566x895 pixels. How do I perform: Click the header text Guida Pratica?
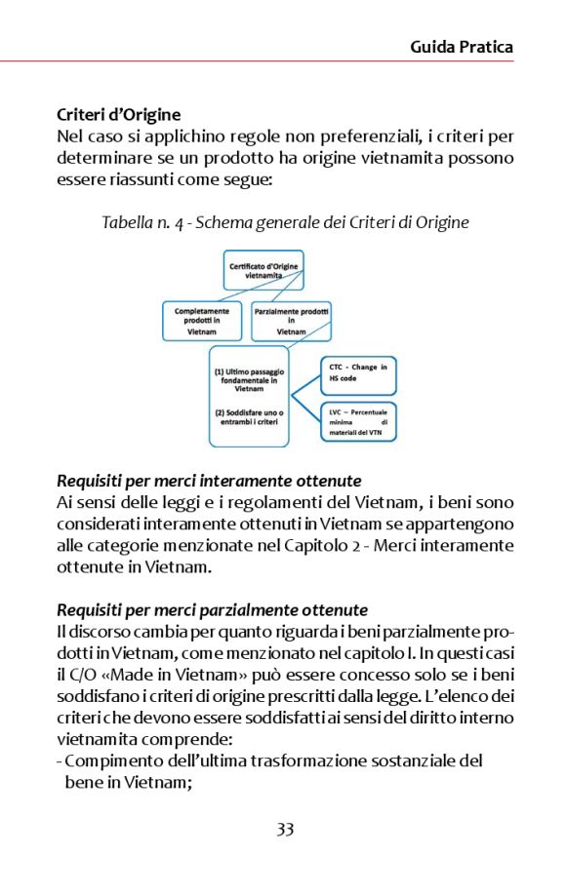[x=461, y=47]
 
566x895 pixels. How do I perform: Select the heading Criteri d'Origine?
[x=118, y=114]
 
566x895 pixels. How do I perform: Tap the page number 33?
[x=284, y=830]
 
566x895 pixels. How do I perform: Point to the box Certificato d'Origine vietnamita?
[x=263, y=270]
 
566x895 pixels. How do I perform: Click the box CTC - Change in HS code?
[x=358, y=373]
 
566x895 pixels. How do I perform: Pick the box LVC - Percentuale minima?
[x=358, y=421]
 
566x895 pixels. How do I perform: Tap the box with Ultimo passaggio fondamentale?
[x=249, y=379]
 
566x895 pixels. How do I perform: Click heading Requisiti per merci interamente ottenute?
[x=209, y=481]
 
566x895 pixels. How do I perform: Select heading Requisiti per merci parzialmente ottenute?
[x=212, y=610]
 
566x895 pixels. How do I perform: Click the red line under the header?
[x=283, y=61]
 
